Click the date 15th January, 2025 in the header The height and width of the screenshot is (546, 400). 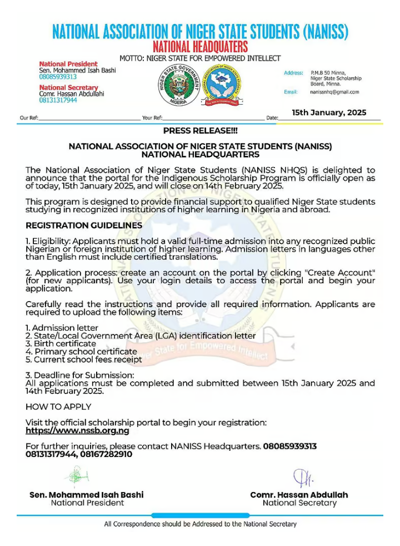(329, 112)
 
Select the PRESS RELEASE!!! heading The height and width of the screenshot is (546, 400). (200, 131)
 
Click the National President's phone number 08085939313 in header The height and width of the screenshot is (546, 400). (58, 77)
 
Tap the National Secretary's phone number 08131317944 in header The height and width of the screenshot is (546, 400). (58, 100)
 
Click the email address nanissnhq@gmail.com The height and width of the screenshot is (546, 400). (334, 92)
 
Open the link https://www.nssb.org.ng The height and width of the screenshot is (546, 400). (77, 431)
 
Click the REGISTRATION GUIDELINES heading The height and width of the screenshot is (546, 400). (84, 226)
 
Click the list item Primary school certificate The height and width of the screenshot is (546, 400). (81, 352)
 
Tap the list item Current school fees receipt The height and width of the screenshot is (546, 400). (84, 360)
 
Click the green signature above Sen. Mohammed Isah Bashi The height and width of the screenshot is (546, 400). (77, 476)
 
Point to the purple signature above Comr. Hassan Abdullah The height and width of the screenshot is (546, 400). (299, 478)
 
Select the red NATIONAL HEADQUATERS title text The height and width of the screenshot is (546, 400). (200, 46)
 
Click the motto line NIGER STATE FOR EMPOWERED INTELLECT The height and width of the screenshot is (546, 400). (200, 58)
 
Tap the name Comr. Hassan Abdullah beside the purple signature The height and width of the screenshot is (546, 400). (299, 495)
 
